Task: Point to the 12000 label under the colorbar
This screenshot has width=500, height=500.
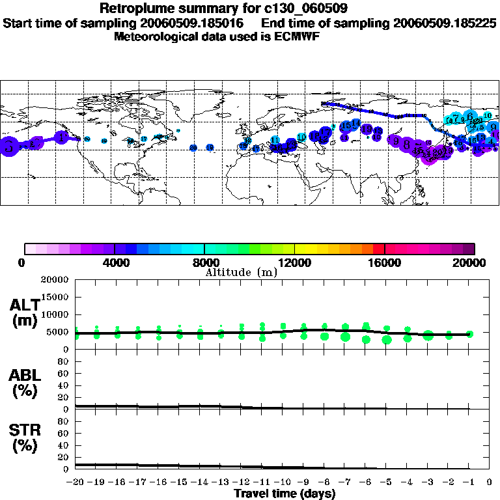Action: tap(294, 262)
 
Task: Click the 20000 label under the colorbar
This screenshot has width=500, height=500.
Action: tap(474, 262)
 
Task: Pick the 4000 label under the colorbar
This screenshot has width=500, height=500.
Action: tap(114, 262)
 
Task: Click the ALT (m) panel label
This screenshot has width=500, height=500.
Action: tap(25, 312)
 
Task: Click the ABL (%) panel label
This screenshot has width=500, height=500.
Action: tap(25, 383)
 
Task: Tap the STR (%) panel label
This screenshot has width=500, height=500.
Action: tap(25, 437)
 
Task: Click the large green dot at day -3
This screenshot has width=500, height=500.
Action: tap(428, 335)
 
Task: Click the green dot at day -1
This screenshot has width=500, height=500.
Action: tap(469, 333)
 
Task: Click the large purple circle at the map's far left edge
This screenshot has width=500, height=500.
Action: tap(8, 146)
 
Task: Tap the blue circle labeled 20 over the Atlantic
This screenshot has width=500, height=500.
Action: tap(193, 148)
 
